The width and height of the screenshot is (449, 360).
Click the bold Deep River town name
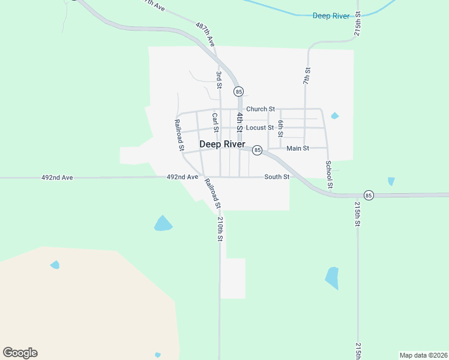222,144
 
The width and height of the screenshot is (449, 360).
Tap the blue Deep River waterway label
331,16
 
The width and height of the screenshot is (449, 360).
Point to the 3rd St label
219,80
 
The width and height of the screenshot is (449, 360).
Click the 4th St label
239,122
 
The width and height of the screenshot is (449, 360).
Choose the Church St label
260,109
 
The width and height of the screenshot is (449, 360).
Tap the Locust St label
259,128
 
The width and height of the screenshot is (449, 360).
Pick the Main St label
298,148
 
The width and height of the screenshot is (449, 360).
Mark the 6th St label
280,128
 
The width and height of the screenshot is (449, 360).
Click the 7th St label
306,76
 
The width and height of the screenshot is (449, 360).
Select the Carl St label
214,122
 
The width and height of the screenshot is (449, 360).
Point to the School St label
329,175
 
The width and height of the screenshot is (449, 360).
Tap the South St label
277,177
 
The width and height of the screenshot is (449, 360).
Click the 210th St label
220,229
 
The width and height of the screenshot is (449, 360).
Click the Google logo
20,353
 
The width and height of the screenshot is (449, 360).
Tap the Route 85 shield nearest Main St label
257,150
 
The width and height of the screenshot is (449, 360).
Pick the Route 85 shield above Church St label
240,92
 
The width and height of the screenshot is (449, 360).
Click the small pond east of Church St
334,116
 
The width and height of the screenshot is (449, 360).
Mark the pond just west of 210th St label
163,224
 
